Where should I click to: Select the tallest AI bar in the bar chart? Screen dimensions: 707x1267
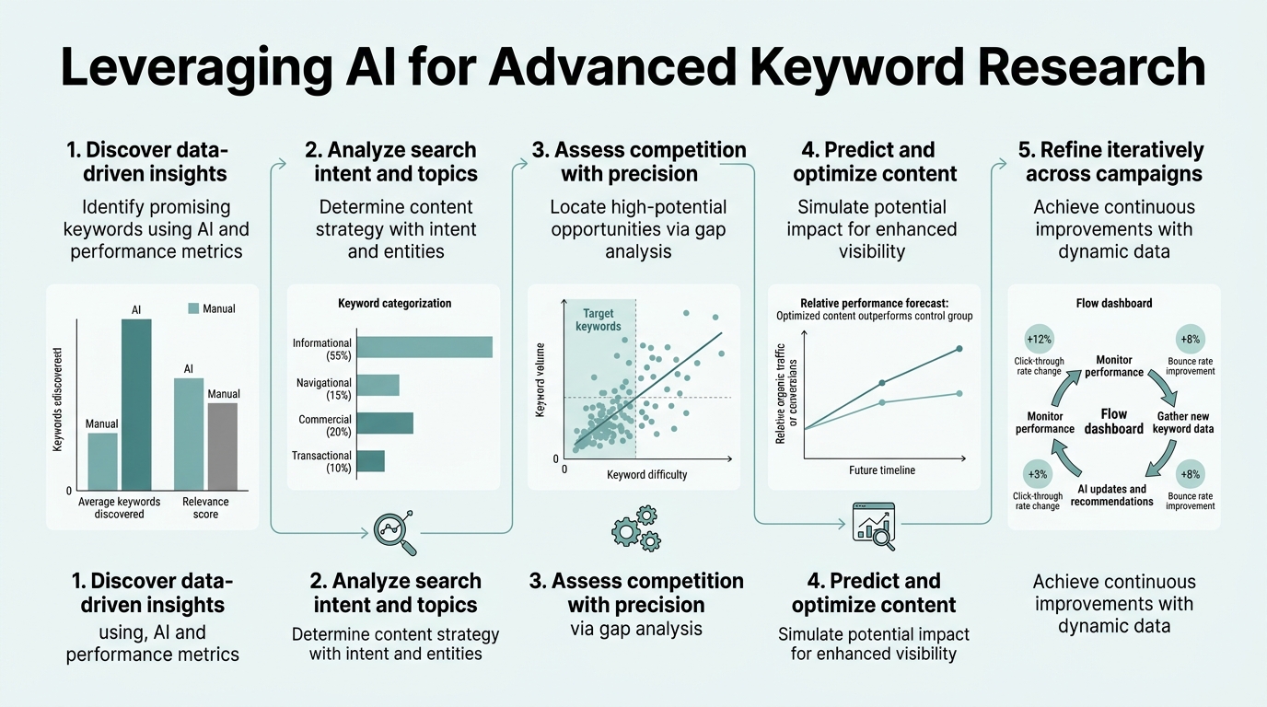(x=136, y=405)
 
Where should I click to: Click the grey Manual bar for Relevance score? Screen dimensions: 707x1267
(x=223, y=446)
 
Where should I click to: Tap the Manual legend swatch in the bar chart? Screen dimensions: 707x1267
(x=193, y=308)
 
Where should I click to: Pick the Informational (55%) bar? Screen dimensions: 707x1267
(x=424, y=347)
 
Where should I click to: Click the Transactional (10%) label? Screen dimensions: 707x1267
(x=321, y=462)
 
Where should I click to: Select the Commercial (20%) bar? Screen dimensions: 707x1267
(x=384, y=423)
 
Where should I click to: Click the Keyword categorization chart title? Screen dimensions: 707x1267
(x=394, y=304)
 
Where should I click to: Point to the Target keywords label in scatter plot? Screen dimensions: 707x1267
(x=598, y=319)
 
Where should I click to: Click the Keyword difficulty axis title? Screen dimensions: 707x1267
(x=646, y=475)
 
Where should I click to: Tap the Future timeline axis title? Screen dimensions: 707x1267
(x=882, y=470)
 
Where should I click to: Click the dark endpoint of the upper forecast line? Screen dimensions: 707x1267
(x=959, y=348)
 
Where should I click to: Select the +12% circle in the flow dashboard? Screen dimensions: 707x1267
(x=1038, y=339)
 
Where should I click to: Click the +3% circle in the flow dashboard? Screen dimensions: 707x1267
(x=1038, y=473)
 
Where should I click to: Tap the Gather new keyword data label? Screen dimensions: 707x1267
(x=1184, y=423)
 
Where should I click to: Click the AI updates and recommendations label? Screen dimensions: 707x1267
(x=1111, y=495)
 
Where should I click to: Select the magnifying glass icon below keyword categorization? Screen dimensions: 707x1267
(x=395, y=532)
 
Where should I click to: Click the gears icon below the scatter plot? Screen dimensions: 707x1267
(x=635, y=527)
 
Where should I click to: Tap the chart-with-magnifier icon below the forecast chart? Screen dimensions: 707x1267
(x=874, y=525)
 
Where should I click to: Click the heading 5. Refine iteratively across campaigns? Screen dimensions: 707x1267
(x=1114, y=161)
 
